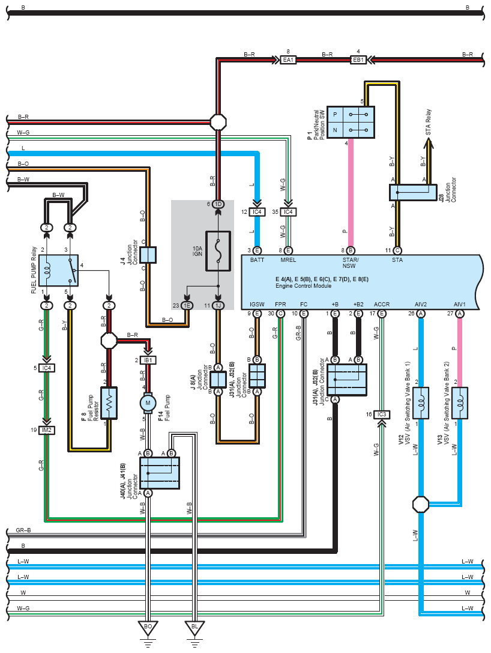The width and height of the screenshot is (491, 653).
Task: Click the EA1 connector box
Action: (288, 60)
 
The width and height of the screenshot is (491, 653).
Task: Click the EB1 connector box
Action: (358, 60)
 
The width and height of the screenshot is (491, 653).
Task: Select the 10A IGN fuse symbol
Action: (218, 251)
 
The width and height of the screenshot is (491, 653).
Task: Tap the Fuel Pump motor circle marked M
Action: (148, 402)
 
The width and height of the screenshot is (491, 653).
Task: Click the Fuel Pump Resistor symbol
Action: (109, 403)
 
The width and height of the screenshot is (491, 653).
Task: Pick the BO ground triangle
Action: (148, 627)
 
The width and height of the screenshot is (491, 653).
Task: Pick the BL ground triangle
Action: (194, 627)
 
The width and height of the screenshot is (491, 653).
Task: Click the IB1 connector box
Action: (148, 360)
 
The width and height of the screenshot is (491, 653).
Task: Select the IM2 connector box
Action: (47, 430)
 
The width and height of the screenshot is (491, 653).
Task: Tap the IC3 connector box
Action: (382, 415)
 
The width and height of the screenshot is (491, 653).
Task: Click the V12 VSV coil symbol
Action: (421, 403)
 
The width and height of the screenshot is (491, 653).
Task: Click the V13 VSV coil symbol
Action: (459, 403)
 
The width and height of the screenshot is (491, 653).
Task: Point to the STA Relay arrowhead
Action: (429, 144)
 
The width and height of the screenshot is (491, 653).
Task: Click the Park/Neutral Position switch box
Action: (351, 123)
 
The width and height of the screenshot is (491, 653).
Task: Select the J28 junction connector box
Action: (413, 192)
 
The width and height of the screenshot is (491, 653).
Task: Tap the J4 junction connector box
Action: (148, 255)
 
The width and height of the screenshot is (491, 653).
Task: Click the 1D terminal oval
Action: (218, 204)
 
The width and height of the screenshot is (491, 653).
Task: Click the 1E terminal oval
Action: (187, 306)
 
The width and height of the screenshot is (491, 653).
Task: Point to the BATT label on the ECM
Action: (257, 260)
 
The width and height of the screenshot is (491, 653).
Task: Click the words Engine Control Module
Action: (303, 286)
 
